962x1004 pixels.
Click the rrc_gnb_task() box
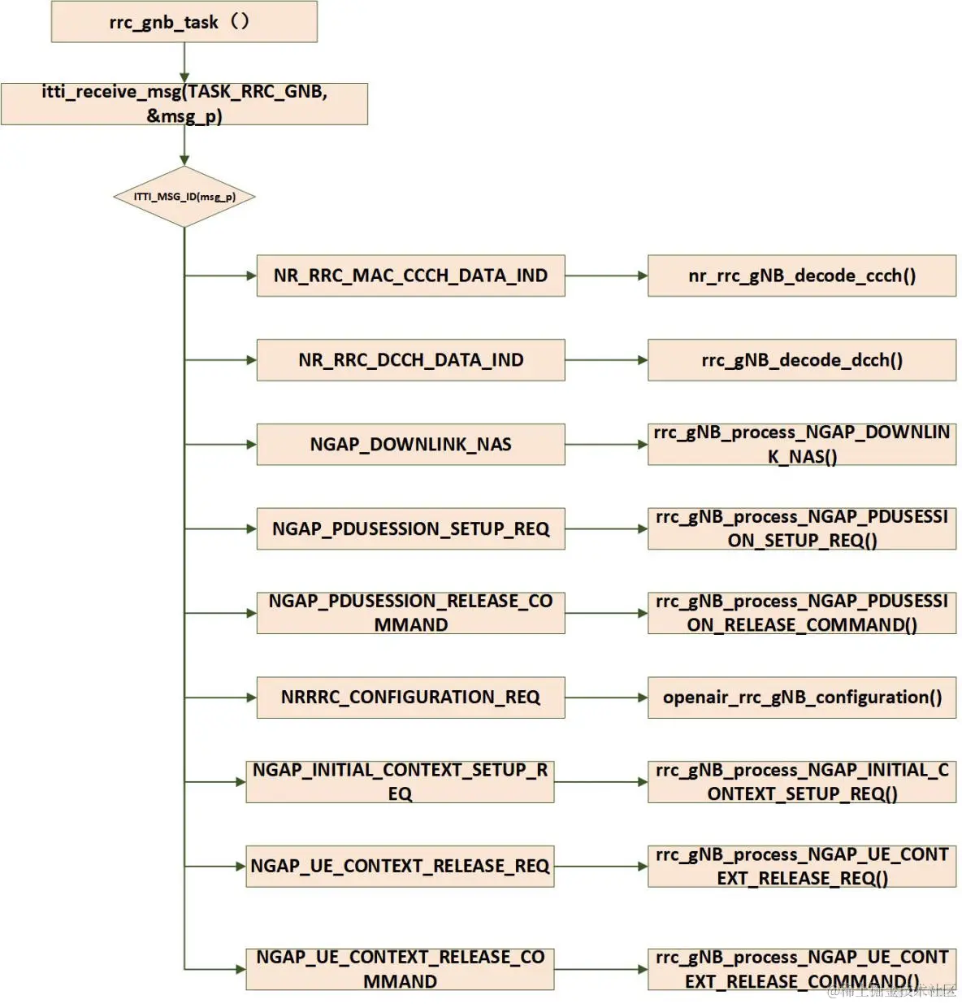tap(184, 22)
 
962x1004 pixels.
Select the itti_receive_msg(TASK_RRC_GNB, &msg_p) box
tap(184, 104)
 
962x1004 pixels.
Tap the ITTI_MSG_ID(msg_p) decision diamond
tap(184, 197)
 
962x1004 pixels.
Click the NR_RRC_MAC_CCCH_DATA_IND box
tap(410, 276)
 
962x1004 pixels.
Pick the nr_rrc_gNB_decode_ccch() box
tap(801, 276)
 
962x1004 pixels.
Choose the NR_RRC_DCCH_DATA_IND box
tap(410, 360)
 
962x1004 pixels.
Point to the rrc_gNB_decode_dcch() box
tap(801, 360)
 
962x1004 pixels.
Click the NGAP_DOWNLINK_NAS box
tap(410, 445)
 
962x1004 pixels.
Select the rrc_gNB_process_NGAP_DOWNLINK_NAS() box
tap(801, 445)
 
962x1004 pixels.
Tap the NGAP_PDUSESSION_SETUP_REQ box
tap(410, 529)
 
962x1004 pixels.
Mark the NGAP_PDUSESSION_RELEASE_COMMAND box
tap(410, 613)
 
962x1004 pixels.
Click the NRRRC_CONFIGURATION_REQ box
tap(410, 698)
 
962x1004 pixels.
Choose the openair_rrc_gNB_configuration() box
tap(801, 698)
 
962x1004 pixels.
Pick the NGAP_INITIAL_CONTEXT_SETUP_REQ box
tap(400, 782)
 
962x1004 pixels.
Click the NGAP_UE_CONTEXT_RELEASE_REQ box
tap(400, 867)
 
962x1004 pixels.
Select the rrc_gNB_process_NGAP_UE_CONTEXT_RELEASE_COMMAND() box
tap(801, 969)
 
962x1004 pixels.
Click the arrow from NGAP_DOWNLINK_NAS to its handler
tap(606, 445)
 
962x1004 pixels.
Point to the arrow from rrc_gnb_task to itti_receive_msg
tap(184, 63)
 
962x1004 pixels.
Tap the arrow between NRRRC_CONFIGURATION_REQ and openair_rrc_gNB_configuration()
tap(606, 698)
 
